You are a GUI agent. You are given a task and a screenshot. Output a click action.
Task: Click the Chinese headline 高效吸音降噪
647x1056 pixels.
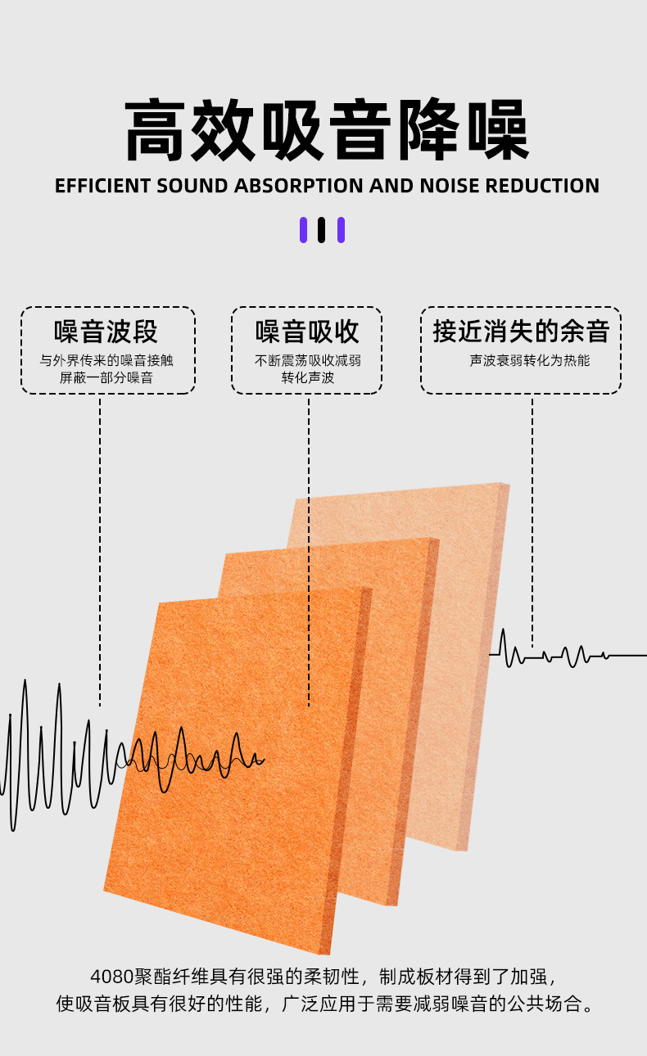click(x=326, y=131)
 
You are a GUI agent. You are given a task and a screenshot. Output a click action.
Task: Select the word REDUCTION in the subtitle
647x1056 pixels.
click(x=542, y=186)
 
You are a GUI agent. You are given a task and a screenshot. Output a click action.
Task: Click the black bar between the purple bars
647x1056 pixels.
click(x=322, y=230)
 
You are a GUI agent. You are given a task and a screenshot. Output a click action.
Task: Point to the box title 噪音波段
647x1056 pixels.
click(x=106, y=332)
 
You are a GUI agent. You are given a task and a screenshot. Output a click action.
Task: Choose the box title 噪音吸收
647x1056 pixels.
click(x=307, y=332)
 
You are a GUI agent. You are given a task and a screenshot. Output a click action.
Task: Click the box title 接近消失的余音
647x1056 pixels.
click(x=521, y=332)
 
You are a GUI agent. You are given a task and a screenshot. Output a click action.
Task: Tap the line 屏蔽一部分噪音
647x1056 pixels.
click(x=106, y=378)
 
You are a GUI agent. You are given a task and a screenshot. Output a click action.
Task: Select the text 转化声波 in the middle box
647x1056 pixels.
click(x=307, y=378)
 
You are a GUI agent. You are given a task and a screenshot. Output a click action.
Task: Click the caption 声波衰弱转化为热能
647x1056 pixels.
click(x=530, y=360)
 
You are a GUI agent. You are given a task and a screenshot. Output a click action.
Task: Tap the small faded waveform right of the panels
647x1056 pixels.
click(x=557, y=654)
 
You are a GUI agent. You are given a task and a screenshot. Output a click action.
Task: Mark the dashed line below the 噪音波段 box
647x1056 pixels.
click(x=100, y=548)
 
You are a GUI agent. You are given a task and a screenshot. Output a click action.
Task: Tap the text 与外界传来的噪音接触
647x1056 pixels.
click(x=106, y=360)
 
